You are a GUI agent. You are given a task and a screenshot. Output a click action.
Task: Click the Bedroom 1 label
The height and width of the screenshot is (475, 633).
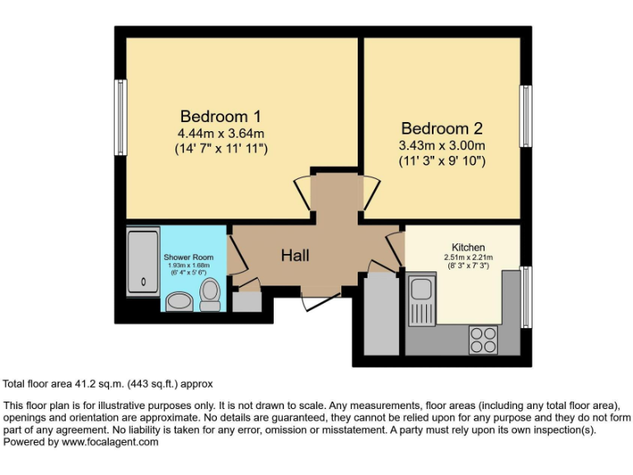coord(220,115)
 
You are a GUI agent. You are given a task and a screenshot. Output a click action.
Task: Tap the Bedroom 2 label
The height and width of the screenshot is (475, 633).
coord(441,129)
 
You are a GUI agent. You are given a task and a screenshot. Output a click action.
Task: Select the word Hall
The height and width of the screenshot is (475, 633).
coord(295,256)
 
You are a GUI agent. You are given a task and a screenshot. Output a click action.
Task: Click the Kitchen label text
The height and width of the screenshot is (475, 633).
coord(467,247)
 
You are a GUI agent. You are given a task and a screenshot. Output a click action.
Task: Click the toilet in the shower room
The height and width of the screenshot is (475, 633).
coord(210,294)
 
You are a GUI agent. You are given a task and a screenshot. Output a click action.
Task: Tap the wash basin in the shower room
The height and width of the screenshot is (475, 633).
coord(179,302)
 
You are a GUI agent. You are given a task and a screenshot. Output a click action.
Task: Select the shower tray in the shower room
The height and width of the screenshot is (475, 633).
coord(143,262)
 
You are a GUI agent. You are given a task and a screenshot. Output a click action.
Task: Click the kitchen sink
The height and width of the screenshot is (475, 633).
coord(422,301)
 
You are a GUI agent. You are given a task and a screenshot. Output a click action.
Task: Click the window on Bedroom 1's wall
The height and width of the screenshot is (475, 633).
coord(120,116)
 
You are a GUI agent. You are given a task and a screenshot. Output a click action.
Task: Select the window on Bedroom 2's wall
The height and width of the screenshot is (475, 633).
coord(524,116)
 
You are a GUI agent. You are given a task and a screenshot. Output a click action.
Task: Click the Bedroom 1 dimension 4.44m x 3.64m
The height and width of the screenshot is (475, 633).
coord(220,134)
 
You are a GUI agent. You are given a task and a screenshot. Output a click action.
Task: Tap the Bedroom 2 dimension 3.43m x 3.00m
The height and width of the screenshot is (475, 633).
coord(441,146)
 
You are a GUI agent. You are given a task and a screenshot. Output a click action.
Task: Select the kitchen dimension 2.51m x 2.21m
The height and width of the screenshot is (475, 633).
coord(467,257)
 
